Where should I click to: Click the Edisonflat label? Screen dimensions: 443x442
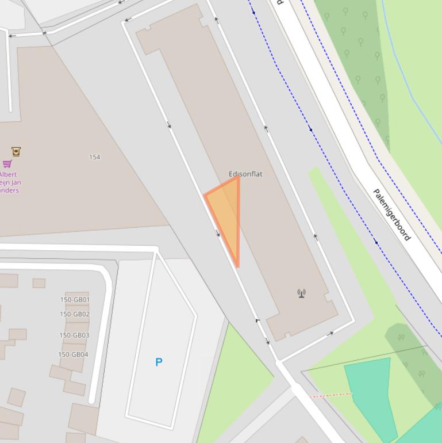(x=245, y=174)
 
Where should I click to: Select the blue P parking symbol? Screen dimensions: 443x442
(x=159, y=362)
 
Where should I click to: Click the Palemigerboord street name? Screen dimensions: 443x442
(x=392, y=215)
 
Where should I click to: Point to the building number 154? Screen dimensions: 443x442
(x=95, y=157)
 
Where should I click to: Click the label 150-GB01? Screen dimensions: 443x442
(x=75, y=300)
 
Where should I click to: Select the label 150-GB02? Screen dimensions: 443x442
(x=75, y=314)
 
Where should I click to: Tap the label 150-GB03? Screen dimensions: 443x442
(x=74, y=335)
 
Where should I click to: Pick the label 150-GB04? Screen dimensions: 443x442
(x=73, y=354)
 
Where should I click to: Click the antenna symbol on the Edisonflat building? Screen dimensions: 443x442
(x=301, y=293)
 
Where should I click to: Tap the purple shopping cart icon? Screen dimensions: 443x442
(x=7, y=164)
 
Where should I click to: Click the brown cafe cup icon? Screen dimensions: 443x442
(x=16, y=152)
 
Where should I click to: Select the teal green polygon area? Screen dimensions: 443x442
(x=373, y=391)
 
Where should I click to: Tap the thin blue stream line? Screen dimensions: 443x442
(x=411, y=81)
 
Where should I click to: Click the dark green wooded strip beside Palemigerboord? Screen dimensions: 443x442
(x=359, y=63)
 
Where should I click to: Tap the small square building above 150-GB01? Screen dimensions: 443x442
(x=39, y=283)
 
